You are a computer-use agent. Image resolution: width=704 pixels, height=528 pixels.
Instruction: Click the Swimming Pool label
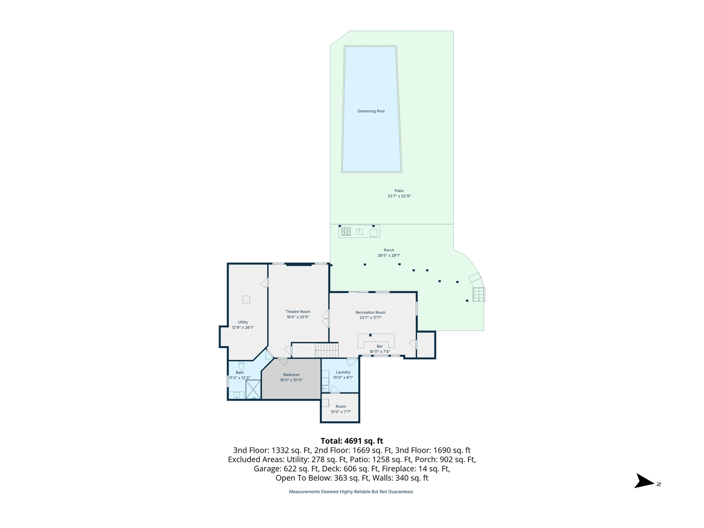371,111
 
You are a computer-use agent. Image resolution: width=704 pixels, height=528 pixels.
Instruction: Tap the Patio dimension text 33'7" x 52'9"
399,197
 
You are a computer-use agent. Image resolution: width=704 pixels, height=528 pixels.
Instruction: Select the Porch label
389,250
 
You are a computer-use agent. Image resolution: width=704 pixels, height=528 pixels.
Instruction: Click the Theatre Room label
298,312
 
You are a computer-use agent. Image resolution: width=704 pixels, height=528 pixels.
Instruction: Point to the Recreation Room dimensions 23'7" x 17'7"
371,318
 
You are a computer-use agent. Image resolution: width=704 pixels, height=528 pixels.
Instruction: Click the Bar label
379,347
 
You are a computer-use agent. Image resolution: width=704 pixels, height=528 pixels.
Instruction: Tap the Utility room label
242,323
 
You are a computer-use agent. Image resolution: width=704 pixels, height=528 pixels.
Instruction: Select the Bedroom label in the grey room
291,375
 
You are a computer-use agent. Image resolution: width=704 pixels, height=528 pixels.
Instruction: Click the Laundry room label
343,373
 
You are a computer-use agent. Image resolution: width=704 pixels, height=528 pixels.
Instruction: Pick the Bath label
240,373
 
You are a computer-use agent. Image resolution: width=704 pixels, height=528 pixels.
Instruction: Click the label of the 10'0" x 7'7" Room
341,407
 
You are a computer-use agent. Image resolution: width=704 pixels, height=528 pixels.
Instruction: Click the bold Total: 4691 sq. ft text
352,441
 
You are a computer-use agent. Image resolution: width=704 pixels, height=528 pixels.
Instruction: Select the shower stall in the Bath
253,390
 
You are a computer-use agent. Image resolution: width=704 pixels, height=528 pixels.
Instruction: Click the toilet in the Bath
241,366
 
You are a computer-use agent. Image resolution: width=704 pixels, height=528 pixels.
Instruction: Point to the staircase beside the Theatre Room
327,350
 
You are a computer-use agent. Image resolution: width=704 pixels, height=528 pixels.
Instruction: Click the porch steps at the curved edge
479,294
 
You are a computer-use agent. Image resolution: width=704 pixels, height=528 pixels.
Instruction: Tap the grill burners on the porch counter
346,232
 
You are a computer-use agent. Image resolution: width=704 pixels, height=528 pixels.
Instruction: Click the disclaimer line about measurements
351,492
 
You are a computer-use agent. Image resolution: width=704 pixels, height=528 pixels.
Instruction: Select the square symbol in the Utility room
246,299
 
